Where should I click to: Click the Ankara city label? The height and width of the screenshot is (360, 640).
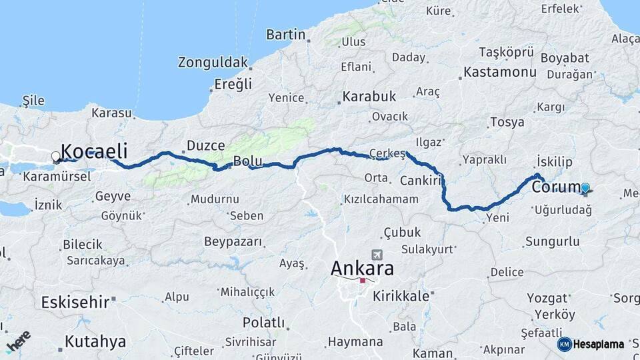coord(362,269)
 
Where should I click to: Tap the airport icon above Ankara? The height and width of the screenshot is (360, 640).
coord(378,255)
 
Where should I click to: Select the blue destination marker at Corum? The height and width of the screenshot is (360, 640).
coord(585,189)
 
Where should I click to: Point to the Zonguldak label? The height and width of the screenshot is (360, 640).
coord(212,63)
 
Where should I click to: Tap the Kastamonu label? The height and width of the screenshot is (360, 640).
coord(500,71)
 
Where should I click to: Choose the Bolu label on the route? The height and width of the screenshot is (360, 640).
coord(247,161)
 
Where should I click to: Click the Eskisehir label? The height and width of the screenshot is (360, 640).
coord(75,302)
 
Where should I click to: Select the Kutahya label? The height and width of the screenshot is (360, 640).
coord(95,342)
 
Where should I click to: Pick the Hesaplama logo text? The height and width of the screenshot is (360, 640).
coord(599,344)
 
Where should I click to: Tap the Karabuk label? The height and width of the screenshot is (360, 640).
coord(369,97)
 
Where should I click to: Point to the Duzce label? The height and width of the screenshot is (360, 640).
coord(205,145)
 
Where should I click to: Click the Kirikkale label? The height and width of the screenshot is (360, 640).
coord(401,297)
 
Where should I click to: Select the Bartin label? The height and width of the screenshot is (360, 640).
coord(285,35)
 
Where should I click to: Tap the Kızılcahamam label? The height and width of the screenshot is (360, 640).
coord(381,199)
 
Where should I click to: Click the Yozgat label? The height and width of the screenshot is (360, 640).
coord(547,298)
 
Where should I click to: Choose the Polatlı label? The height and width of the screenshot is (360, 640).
coord(263,323)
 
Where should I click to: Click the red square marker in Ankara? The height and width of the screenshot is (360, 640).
coord(363,280)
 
